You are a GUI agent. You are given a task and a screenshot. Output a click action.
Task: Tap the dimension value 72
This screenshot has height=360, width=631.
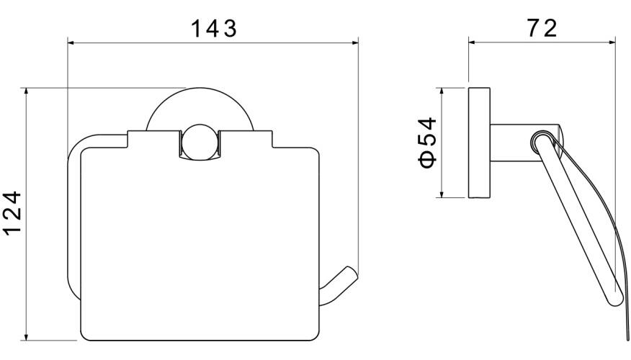(541, 29)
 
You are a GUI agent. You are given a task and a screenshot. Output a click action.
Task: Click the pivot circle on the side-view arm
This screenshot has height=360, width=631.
(541, 141)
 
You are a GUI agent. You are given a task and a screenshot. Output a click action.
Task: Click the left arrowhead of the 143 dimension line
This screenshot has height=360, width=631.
(71, 42)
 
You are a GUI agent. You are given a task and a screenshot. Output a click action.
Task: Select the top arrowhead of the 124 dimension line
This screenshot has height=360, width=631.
(27, 92)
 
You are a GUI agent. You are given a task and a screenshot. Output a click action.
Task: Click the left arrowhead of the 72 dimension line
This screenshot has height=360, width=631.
(473, 42)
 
